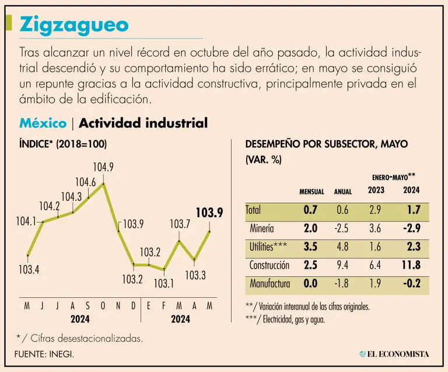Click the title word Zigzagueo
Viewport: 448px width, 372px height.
tap(74, 25)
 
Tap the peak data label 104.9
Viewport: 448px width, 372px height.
tap(103, 167)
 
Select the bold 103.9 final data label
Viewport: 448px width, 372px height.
tap(209, 214)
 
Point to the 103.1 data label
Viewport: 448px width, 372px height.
tap(163, 283)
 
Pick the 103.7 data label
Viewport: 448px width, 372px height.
tap(180, 224)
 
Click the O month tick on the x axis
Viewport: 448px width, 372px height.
tap(103, 307)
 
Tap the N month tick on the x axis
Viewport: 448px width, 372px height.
tap(118, 307)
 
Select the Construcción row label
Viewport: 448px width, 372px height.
tap(269, 265)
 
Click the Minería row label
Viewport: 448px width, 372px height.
tap(261, 228)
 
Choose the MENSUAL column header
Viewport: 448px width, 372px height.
tap(311, 192)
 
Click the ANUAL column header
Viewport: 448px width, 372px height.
tap(342, 192)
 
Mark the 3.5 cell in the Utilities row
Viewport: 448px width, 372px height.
tap(311, 247)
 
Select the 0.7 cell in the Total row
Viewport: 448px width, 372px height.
tap(311, 210)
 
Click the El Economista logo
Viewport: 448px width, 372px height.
tap(394, 353)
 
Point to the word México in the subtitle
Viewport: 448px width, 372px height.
tap(43, 123)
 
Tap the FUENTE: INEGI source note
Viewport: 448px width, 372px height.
tap(44, 354)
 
